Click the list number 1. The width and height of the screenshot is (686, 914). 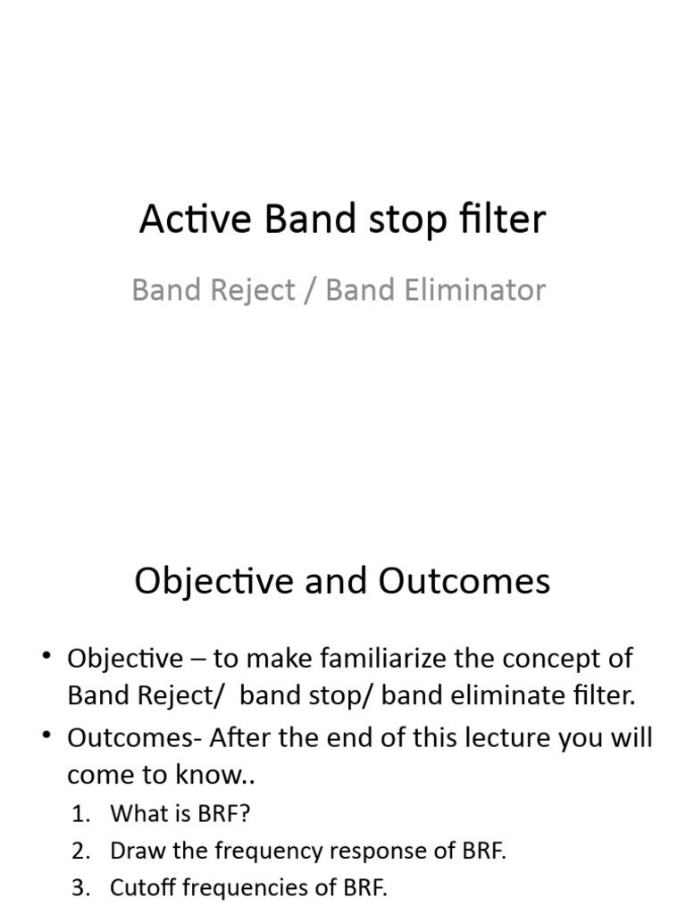pyautogui.click(x=80, y=813)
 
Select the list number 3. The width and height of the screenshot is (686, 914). pyautogui.click(x=80, y=888)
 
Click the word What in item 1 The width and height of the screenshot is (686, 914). pyautogui.click(x=132, y=813)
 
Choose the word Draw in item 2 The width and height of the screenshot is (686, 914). pyautogui.click(x=132, y=851)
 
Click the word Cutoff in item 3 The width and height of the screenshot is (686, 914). pyautogui.click(x=137, y=888)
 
